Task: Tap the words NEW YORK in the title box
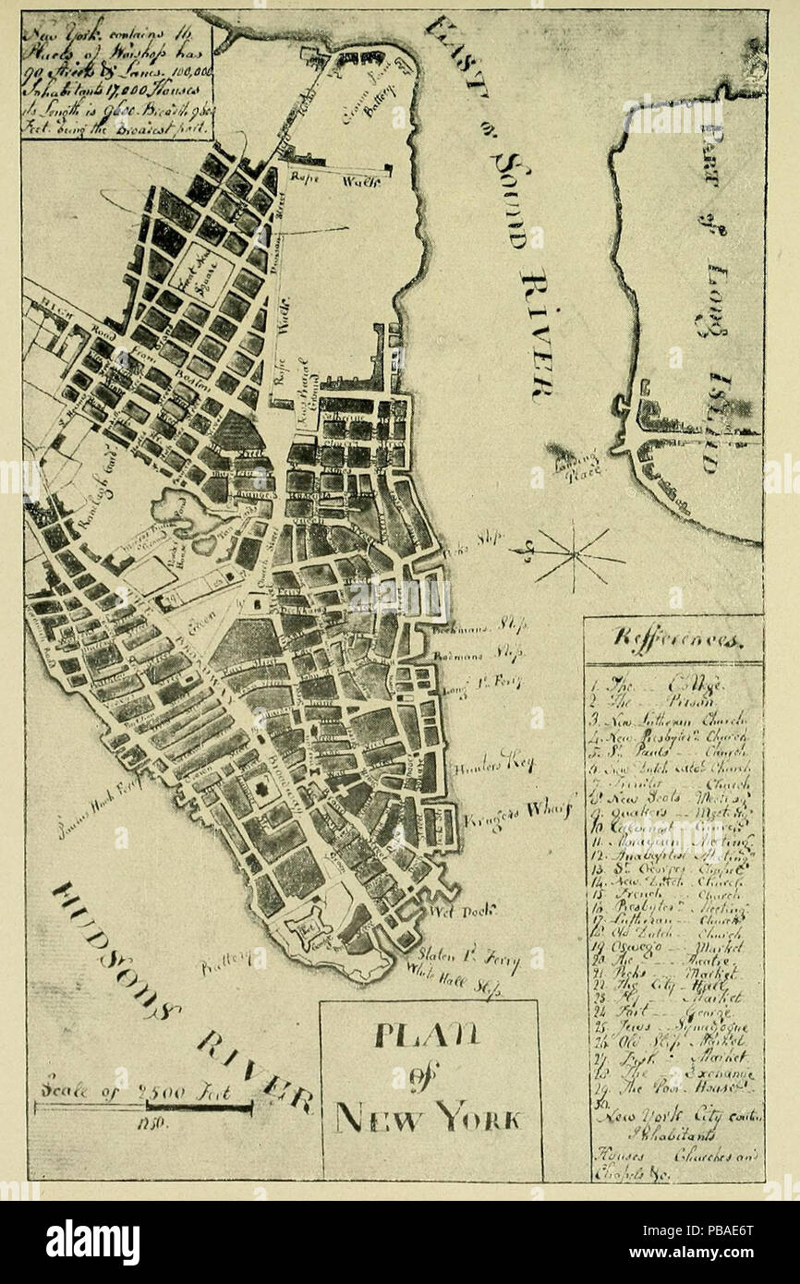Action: (430, 1120)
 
